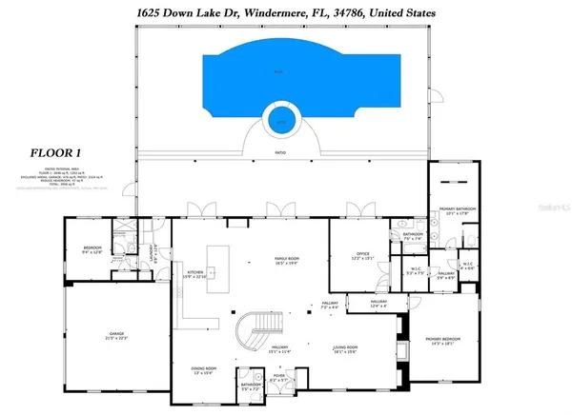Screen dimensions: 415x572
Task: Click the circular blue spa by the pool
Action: coord(281,119)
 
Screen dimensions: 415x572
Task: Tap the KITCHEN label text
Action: coord(196,273)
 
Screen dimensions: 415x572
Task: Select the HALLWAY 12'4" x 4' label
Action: coord(378,304)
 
